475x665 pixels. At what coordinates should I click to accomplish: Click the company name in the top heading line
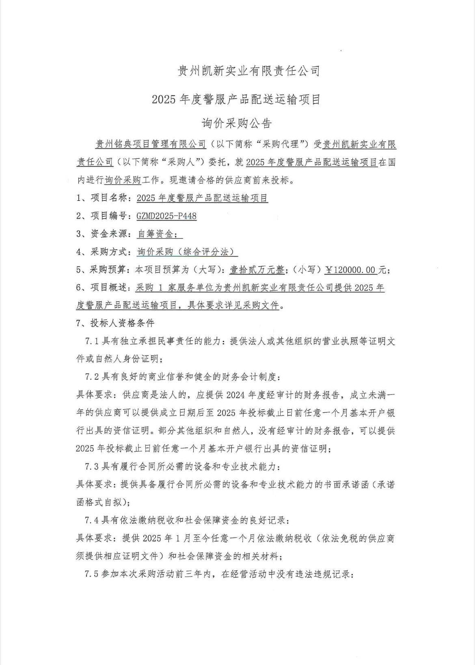[249, 71]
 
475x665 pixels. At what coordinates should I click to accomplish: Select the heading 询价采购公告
[237, 123]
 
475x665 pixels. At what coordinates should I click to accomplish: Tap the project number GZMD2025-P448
[166, 216]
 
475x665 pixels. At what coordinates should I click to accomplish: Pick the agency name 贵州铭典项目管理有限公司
[151, 144]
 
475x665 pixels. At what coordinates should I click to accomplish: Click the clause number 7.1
[91, 341]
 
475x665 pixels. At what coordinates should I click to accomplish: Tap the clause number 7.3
[91, 467]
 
